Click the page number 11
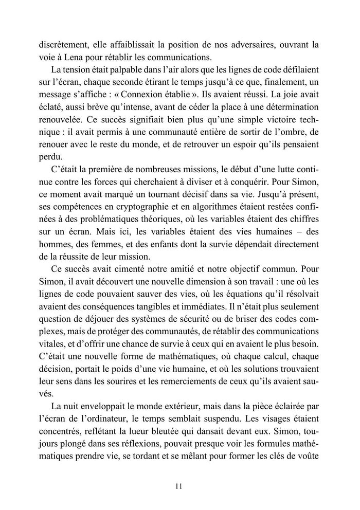click(x=179, y=485)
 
